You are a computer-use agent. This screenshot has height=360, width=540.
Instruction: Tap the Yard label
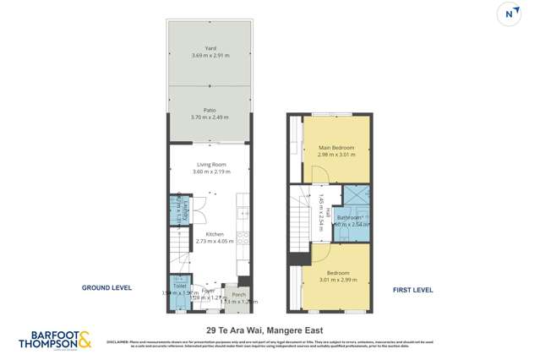coord(210,48)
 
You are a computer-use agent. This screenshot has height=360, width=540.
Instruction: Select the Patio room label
coord(210,110)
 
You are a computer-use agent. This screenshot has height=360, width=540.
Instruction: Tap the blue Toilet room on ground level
coord(179,290)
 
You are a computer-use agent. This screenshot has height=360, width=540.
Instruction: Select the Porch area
coord(238,297)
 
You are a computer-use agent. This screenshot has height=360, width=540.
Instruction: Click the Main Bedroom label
coord(336,148)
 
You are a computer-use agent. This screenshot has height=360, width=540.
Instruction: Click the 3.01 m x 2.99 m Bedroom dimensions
coord(339,280)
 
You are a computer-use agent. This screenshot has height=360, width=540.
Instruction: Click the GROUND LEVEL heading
coord(106,288)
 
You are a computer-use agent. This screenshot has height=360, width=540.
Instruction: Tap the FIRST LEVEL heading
coord(412,290)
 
